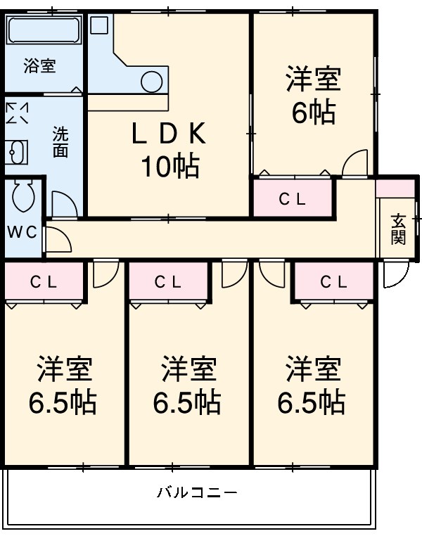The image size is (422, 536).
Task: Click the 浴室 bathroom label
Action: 39,67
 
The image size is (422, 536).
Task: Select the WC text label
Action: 23,233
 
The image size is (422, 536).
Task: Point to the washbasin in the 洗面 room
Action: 17,151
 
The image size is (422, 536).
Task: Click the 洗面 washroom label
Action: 60,141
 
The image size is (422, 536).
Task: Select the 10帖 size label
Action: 169,166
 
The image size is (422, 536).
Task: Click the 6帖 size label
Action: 313,113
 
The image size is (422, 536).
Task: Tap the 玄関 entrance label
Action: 399,229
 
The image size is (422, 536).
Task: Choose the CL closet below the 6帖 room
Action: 292,199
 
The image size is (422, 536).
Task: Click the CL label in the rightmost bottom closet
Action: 333,282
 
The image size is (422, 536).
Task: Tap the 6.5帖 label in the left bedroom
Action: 63,402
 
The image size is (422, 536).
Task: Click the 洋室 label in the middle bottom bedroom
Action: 188,368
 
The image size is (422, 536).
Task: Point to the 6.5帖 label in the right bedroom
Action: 312,402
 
